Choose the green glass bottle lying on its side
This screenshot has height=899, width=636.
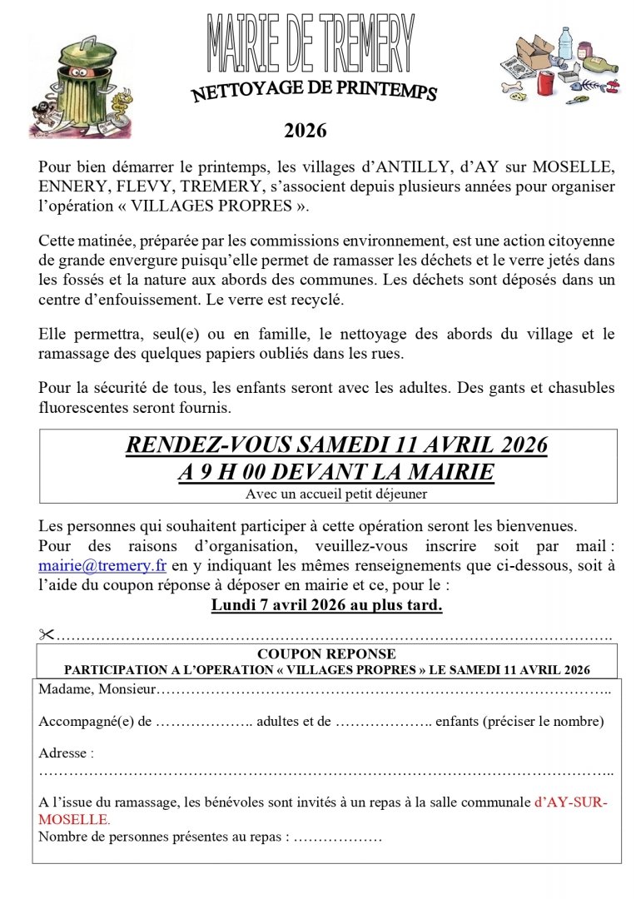tap(601, 63)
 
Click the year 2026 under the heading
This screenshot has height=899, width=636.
tap(306, 131)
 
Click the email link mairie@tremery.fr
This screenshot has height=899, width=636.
tap(102, 565)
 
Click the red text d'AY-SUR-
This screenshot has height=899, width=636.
tap(571, 802)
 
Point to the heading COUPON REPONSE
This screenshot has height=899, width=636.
tap(326, 654)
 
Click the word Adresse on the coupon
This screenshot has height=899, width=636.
tap(63, 753)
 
